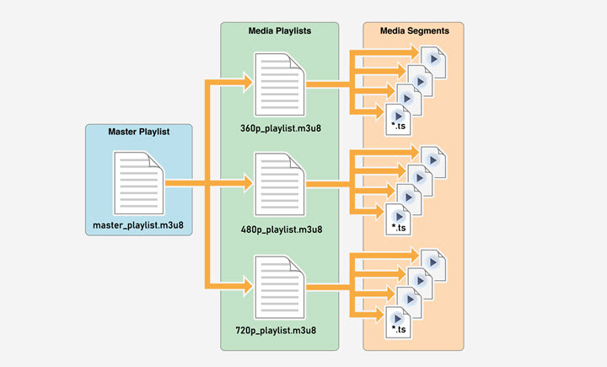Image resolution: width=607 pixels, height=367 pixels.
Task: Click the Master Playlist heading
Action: coord(139,132)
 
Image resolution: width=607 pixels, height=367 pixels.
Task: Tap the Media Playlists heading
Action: coord(280,30)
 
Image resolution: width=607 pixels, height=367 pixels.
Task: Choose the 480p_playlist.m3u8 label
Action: coord(280,228)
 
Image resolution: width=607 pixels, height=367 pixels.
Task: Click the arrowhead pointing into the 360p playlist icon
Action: coord(247,83)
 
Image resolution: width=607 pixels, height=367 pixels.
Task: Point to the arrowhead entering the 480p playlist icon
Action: coord(247,182)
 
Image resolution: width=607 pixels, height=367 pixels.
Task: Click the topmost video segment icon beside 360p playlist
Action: coord(433,60)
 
